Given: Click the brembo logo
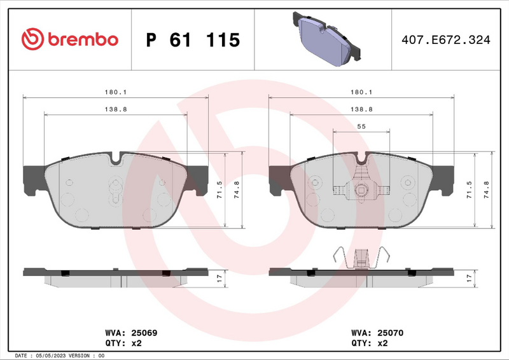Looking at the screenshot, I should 70,39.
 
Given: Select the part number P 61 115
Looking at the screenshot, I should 193,40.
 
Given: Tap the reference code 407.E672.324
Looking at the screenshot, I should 445,40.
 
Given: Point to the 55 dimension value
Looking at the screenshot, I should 361,127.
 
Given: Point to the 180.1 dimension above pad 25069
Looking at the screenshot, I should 115,92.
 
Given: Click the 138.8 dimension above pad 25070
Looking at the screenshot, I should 361,109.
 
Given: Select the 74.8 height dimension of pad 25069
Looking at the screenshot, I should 237,191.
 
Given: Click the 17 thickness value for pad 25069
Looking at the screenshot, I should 220,278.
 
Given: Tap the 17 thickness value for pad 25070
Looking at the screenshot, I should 470,278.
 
